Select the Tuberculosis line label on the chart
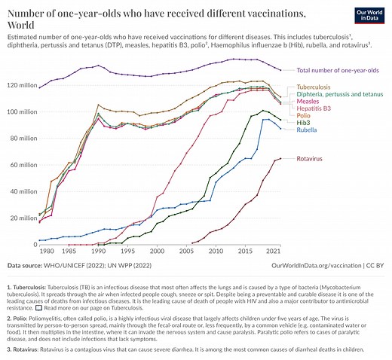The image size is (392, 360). [x=315, y=87]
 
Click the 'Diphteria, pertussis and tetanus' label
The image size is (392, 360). [x=338, y=94]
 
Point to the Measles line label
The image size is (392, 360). [x=309, y=101]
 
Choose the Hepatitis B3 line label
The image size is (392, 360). [x=315, y=108]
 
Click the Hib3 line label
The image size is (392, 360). [x=304, y=121]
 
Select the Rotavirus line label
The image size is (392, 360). [x=311, y=159]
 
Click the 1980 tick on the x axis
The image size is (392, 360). [x=47, y=251]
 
